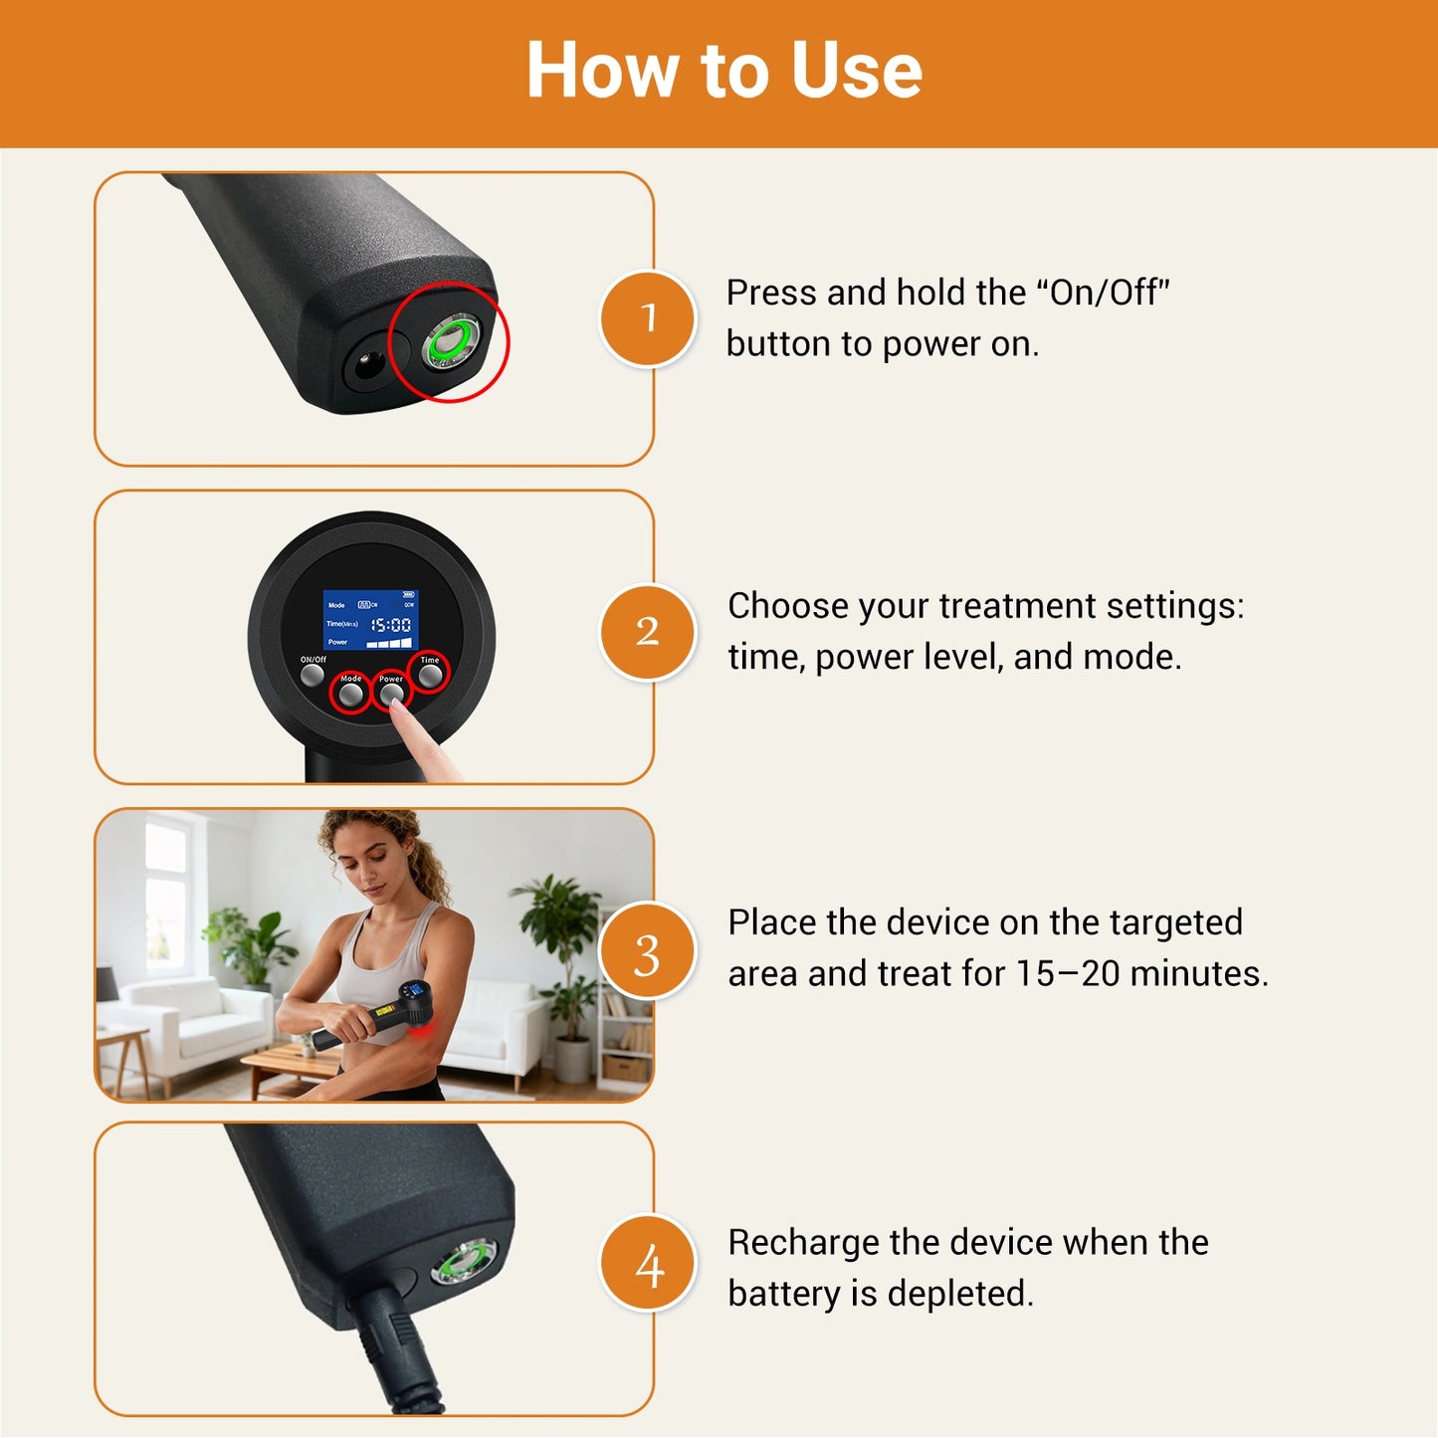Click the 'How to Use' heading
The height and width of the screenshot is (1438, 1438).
[723, 71]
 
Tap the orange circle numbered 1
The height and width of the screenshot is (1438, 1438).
[648, 318]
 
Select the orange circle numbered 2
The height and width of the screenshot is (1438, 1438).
[648, 632]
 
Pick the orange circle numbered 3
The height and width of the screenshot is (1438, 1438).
[648, 953]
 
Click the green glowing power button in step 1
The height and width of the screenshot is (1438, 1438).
[449, 342]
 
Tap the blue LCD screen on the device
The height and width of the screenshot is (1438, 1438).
[370, 620]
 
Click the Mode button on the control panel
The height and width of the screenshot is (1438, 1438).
[350, 695]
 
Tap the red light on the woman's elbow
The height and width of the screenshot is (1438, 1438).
[425, 1036]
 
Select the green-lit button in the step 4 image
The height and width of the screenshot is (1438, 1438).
[463, 1265]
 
